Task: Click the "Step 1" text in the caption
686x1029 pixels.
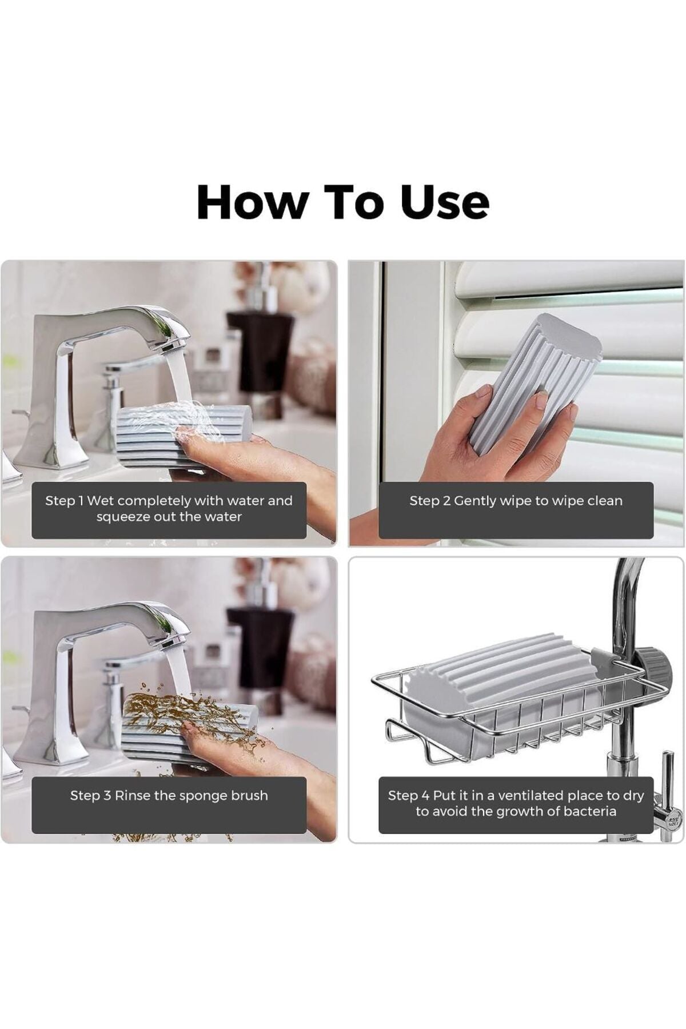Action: (x=64, y=501)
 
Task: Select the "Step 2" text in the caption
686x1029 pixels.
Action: (x=429, y=501)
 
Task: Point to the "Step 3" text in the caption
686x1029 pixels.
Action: (x=90, y=795)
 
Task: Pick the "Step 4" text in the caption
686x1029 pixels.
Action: (x=408, y=795)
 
